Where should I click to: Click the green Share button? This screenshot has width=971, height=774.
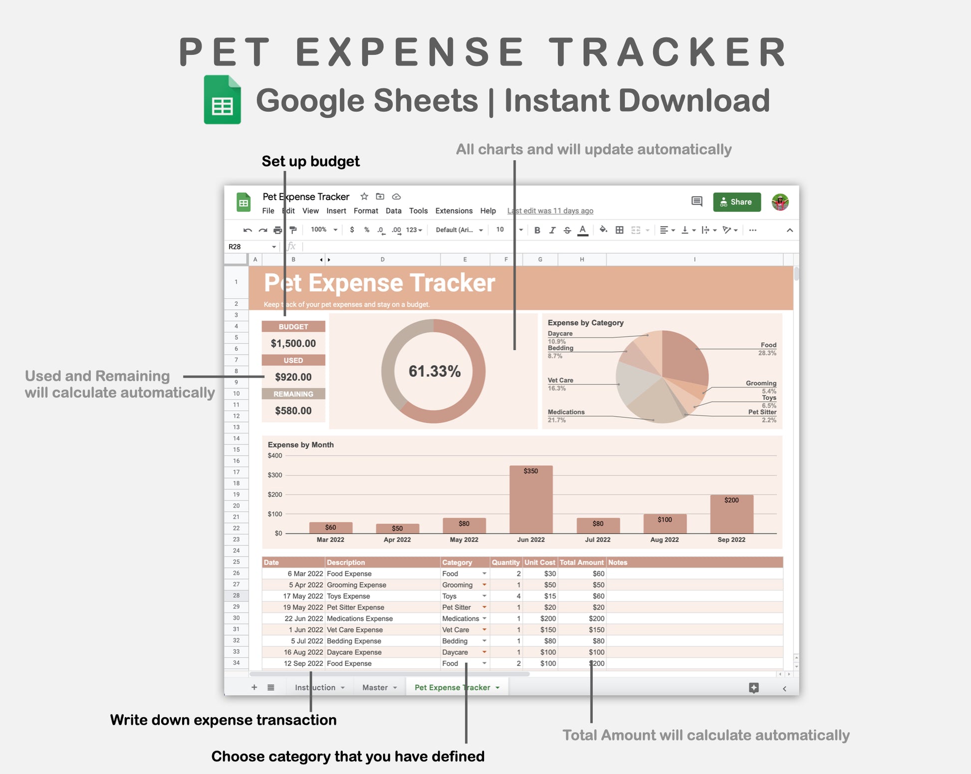736,202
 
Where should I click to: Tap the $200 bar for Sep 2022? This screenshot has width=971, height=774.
731,514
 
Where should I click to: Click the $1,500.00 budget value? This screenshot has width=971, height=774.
293,343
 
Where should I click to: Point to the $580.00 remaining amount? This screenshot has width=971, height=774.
293,411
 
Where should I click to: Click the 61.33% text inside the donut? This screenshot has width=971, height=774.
434,371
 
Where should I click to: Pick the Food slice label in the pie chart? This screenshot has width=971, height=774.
768,345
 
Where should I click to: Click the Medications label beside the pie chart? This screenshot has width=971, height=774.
566,412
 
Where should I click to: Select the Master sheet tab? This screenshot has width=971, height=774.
375,688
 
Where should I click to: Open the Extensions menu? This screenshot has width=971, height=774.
454,211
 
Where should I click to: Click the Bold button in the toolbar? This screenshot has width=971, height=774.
537,230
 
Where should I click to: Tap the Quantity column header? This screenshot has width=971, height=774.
505,562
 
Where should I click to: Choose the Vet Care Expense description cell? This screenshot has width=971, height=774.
355,630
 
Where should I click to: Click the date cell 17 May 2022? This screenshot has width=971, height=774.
303,596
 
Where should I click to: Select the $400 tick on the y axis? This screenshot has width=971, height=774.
275,456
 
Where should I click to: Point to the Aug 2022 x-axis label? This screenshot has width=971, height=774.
664,540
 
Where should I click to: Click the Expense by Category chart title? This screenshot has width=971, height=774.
585,323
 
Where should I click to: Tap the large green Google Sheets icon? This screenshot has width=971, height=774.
223,100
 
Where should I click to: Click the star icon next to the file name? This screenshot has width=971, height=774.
364,197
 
